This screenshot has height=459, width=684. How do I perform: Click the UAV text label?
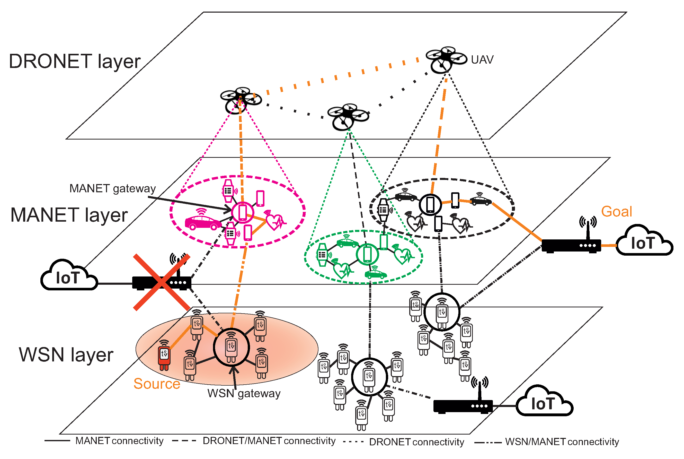482,60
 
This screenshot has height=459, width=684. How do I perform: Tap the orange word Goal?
616,211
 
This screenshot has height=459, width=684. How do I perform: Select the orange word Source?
157,384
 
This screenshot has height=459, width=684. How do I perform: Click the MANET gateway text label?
113,189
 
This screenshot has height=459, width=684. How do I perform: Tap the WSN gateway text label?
244,393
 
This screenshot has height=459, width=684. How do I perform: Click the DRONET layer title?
75,62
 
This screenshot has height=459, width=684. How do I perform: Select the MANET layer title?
69,215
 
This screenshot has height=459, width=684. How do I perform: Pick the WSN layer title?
66,355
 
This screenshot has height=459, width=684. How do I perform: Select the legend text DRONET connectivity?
416,442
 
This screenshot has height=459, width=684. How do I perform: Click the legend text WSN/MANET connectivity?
562,442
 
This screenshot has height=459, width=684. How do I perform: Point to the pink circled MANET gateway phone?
242,212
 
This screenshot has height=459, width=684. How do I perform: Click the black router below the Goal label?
571,245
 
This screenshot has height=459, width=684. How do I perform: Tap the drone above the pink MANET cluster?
240,100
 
